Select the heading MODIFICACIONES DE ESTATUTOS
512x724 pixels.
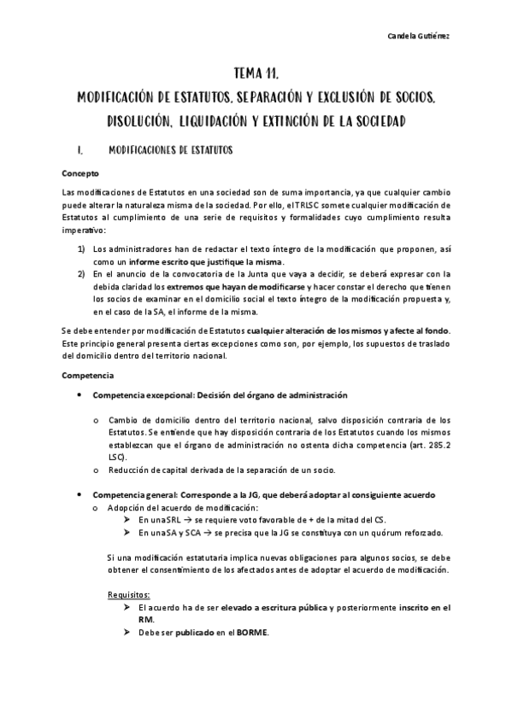coord(171,150)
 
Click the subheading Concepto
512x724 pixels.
coord(80,172)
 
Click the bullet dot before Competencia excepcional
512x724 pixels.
coord(79,395)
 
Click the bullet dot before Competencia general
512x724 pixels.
coord(79,494)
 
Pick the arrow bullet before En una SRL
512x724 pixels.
coord(128,519)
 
